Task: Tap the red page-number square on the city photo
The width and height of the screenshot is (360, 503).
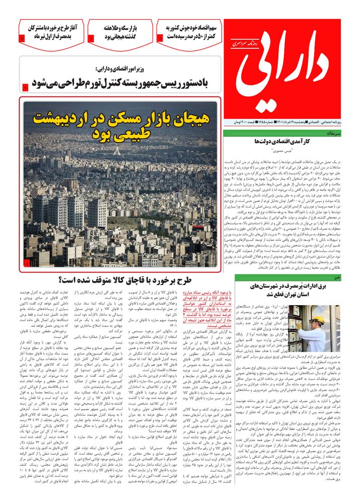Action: pos(27,263)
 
